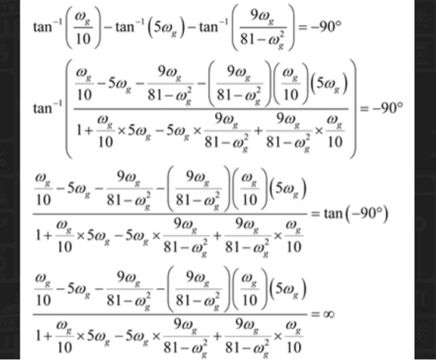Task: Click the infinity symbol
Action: [x=328, y=314]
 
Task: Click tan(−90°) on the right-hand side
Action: [x=356, y=214]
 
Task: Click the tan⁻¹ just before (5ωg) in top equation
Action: [x=131, y=27]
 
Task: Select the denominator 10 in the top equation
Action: [x=83, y=39]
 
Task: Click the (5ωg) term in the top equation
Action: [x=166, y=28]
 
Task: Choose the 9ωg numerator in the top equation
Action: [x=262, y=16]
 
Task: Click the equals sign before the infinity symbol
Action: [x=315, y=314]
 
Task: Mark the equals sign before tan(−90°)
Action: [x=315, y=214]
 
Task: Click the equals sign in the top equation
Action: [x=304, y=27]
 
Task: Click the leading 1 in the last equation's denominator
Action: [x=38, y=336]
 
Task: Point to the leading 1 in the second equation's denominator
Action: [x=79, y=131]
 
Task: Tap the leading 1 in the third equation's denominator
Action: [x=38, y=236]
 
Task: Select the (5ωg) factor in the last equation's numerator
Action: [x=288, y=289]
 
